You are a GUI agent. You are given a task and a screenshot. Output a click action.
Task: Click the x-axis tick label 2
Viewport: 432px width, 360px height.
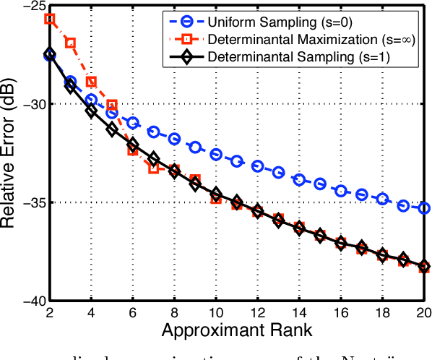coord(50,313)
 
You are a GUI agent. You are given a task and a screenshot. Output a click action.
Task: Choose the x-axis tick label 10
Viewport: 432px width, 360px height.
coord(216,313)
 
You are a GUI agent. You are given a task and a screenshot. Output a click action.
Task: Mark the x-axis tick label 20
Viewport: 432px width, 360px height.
coord(424,313)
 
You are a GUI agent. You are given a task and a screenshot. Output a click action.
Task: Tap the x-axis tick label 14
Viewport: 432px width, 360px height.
coord(299,313)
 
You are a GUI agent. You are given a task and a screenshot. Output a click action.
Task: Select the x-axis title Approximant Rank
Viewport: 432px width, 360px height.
coord(237,331)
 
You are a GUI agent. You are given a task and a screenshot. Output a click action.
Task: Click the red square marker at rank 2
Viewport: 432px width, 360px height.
coord(50,19)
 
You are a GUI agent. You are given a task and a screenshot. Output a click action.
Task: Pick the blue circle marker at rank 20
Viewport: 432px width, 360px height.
coord(424,208)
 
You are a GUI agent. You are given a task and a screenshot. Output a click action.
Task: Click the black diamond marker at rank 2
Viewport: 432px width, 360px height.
coord(50,55)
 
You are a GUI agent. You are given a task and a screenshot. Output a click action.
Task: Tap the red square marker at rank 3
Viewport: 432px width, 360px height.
coord(71,43)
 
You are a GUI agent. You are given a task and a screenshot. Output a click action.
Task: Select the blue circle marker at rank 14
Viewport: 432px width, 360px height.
coord(299,179)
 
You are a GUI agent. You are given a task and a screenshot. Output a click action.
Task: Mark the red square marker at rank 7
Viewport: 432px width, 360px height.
coord(154,168)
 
